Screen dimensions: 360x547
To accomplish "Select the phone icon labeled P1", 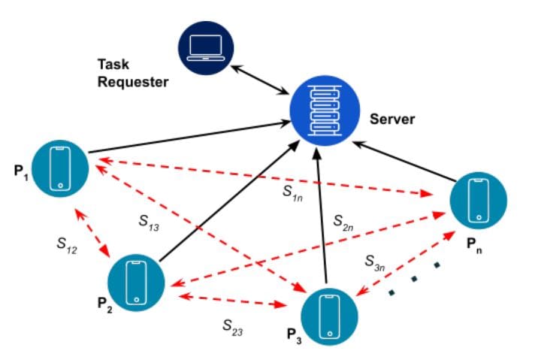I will [61, 169].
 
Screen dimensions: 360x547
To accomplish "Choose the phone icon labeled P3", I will [328, 314].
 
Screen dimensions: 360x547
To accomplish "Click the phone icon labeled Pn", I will [478, 201].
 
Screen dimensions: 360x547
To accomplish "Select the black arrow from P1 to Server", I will [188, 141].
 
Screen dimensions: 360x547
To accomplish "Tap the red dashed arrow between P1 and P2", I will [94, 234].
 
